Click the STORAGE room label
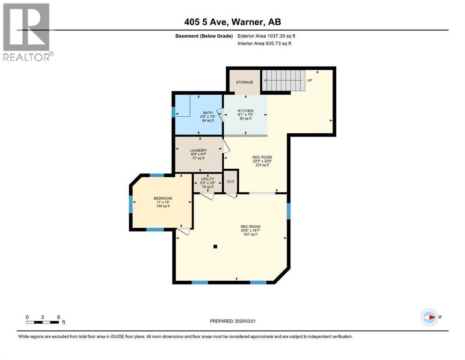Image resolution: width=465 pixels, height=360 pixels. point(244,82)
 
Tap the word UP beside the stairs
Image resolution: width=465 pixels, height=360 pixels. point(310,80)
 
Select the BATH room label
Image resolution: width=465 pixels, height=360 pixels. point(207,112)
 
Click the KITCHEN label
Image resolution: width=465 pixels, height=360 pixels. point(245,111)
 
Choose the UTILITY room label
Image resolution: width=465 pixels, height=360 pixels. point(207,179)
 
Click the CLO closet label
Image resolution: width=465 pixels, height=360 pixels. point(230,181)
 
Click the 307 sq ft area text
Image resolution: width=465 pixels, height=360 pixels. point(251,234)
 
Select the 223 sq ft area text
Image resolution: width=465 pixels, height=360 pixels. point(262,165)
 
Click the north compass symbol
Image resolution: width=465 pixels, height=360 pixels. point(429,317)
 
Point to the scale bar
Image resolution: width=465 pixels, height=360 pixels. point(43,322)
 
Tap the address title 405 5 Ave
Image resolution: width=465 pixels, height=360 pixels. point(232,22)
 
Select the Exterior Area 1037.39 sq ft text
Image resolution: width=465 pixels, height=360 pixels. point(266,36)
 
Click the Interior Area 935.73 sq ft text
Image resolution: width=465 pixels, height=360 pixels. point(265,44)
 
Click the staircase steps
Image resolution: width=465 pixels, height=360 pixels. point(282,80)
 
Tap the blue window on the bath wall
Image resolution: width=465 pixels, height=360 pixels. point(173,112)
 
